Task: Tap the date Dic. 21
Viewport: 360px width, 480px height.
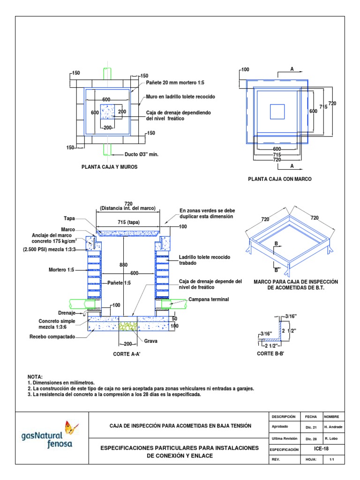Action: coord(311,427)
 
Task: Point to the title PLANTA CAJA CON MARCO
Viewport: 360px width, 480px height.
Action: coord(279,179)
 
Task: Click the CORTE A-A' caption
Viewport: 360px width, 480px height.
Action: coord(127,354)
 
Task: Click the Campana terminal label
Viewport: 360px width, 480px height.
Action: coord(209,300)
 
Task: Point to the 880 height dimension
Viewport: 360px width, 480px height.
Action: coord(124,265)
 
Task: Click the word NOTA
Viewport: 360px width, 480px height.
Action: coord(35,376)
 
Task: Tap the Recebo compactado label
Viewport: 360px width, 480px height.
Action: coord(52,337)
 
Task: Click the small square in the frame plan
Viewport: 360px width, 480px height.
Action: coord(277,112)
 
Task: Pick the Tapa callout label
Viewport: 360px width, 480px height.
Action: coord(69,218)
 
